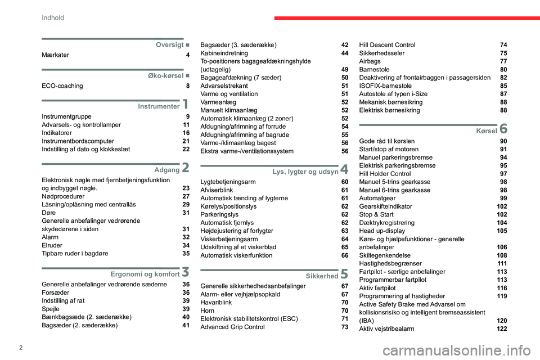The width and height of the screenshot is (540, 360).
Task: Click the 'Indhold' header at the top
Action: coord(53,18)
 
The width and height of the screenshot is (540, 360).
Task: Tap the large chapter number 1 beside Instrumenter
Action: coord(185,105)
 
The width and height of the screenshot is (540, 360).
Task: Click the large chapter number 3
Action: coord(185,273)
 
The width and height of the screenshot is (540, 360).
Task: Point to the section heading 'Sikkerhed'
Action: coord(321,276)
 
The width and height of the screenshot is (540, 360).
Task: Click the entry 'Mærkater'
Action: coord(56,55)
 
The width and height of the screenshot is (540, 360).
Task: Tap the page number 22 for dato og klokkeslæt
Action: coord(186,149)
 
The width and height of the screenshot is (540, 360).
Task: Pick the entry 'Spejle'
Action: coord(52,309)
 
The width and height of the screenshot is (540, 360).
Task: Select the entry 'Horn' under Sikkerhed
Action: coord(208,310)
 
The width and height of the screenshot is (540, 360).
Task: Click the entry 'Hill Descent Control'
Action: coord(387,45)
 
